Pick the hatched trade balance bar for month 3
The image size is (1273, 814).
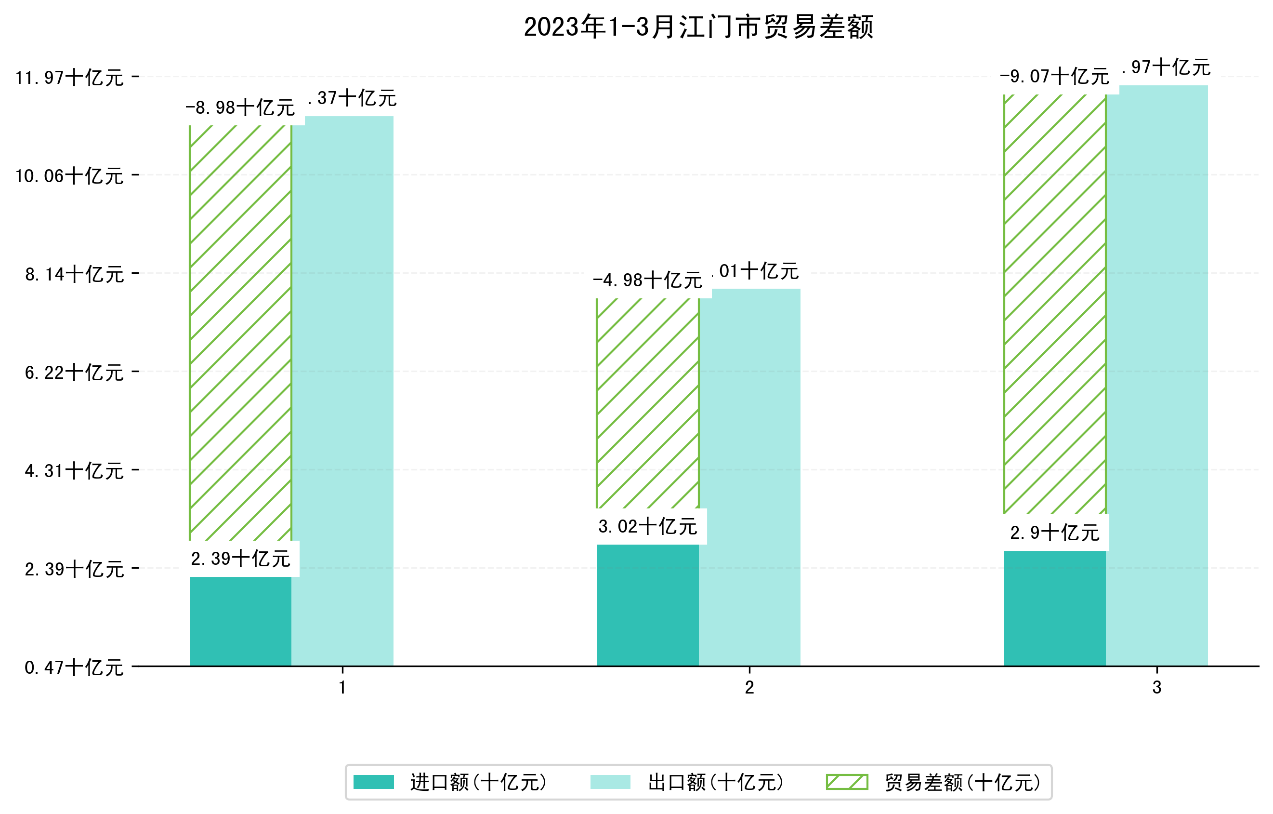1054,304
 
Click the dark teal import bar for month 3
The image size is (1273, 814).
1054,608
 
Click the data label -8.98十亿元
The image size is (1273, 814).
240,108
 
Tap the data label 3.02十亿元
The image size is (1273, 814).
648,527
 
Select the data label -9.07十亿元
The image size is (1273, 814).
1054,77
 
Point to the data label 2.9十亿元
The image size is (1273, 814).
1054,533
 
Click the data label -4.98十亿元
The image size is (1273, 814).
648,280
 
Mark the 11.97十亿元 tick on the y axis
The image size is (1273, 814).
69,78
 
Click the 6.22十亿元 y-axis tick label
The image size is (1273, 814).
74,373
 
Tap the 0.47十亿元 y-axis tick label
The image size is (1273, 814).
74,667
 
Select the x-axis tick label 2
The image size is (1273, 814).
749,688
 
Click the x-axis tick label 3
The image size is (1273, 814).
1157,688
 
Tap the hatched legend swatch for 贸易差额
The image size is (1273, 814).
847,782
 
